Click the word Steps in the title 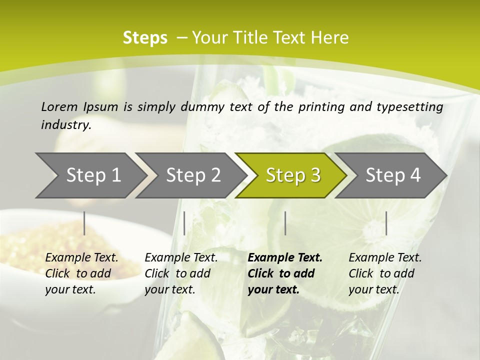[x=145, y=38]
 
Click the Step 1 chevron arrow [x=90, y=175]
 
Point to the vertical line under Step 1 [x=84, y=223]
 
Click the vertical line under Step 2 [x=184, y=223]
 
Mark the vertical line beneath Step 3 [x=285, y=223]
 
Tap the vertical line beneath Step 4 [x=386, y=223]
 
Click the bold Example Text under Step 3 [x=285, y=258]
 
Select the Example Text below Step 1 [x=81, y=258]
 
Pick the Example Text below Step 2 [x=181, y=258]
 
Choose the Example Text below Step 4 [x=385, y=258]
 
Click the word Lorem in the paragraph [x=59, y=106]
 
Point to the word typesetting [x=411, y=107]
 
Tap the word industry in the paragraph [x=65, y=125]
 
